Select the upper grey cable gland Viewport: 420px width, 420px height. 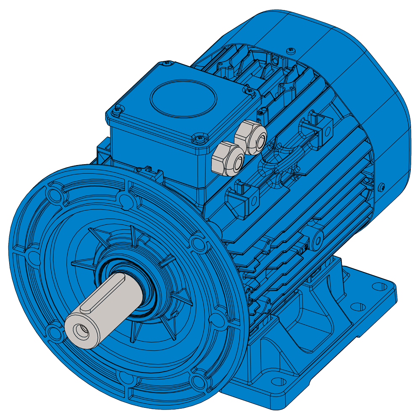[x=251, y=136]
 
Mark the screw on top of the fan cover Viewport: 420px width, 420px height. [x=291, y=51]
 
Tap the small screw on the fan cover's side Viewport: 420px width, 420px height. [x=382, y=186]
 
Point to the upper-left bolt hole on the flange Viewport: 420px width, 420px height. [x=53, y=194]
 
